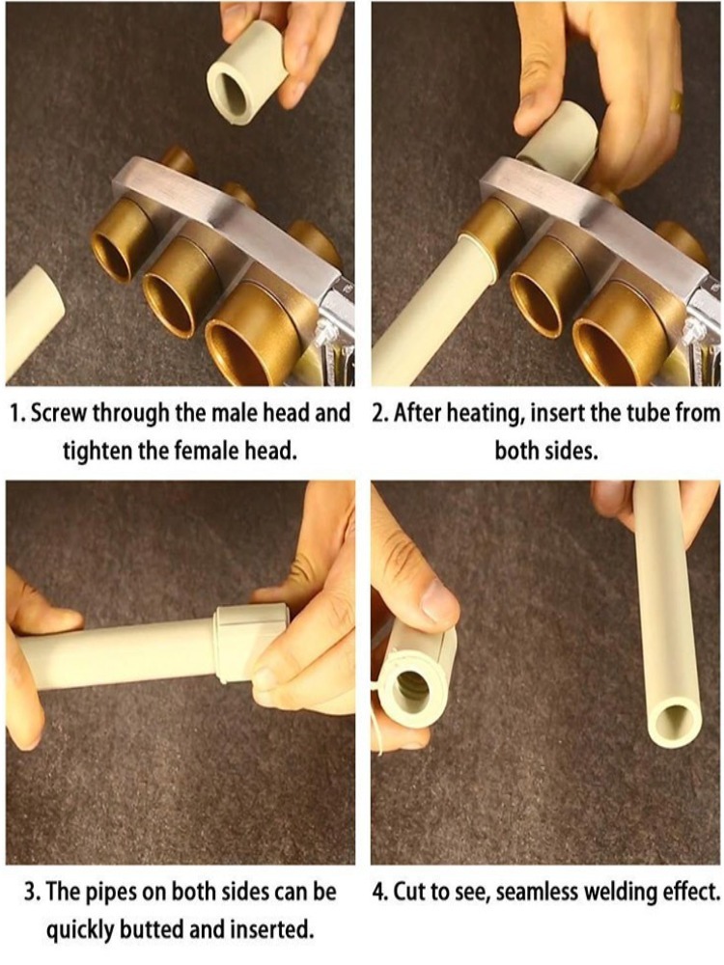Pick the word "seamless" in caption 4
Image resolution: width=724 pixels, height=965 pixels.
point(536,891)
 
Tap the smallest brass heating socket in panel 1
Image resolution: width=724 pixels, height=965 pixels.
point(125,241)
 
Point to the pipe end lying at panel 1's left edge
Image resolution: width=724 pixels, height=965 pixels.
point(34,323)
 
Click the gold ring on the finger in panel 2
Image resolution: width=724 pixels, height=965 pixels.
point(677,101)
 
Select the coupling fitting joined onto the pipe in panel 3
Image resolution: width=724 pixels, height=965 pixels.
point(249,643)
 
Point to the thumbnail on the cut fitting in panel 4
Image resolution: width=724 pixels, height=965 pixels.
point(439,600)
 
